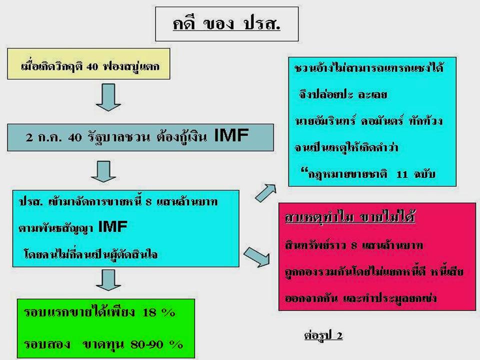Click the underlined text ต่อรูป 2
pyautogui.click(x=323, y=334)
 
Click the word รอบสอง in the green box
pyautogui.click(x=45, y=344)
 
